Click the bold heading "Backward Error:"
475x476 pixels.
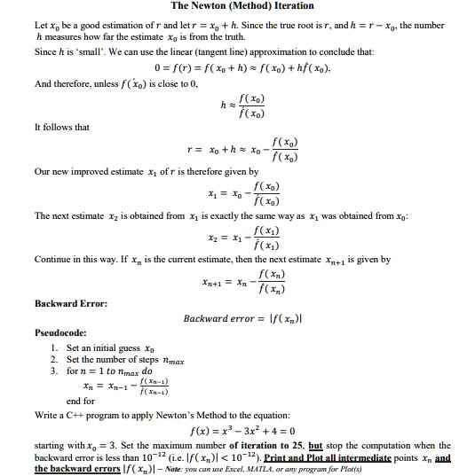click(x=71, y=303)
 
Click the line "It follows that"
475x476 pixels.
click(x=61, y=127)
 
